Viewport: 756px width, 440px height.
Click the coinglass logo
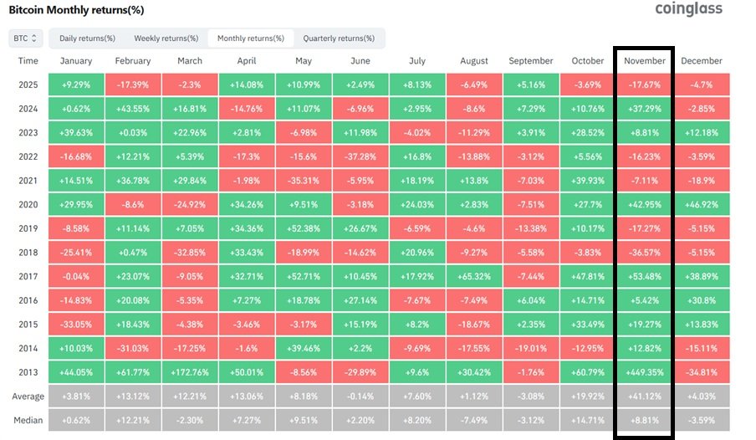coord(688,8)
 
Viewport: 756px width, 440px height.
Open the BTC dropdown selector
coord(26,38)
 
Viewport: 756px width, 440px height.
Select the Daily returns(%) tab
coord(87,38)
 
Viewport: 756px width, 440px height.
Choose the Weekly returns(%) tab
coord(166,38)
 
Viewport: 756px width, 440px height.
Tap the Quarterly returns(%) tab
coord(339,38)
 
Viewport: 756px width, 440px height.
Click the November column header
coord(644,61)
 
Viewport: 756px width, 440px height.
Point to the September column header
coord(530,61)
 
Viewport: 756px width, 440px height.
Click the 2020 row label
coord(28,205)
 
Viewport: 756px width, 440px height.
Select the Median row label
coord(28,420)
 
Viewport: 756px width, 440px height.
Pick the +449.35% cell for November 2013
coord(644,372)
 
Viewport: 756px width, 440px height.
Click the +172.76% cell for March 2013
coord(190,372)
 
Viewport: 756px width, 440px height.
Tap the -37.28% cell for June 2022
coord(360,156)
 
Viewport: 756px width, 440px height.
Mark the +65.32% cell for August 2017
coord(474,276)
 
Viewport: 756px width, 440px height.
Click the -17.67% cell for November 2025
coord(644,85)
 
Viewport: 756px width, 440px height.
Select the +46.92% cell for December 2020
coord(702,205)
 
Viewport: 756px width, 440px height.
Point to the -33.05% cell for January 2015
coord(76,325)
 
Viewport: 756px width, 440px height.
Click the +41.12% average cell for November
coord(644,397)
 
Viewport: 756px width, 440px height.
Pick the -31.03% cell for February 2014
coord(133,348)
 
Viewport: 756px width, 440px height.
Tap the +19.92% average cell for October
coord(587,397)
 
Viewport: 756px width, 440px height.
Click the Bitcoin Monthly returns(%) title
coord(76,10)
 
